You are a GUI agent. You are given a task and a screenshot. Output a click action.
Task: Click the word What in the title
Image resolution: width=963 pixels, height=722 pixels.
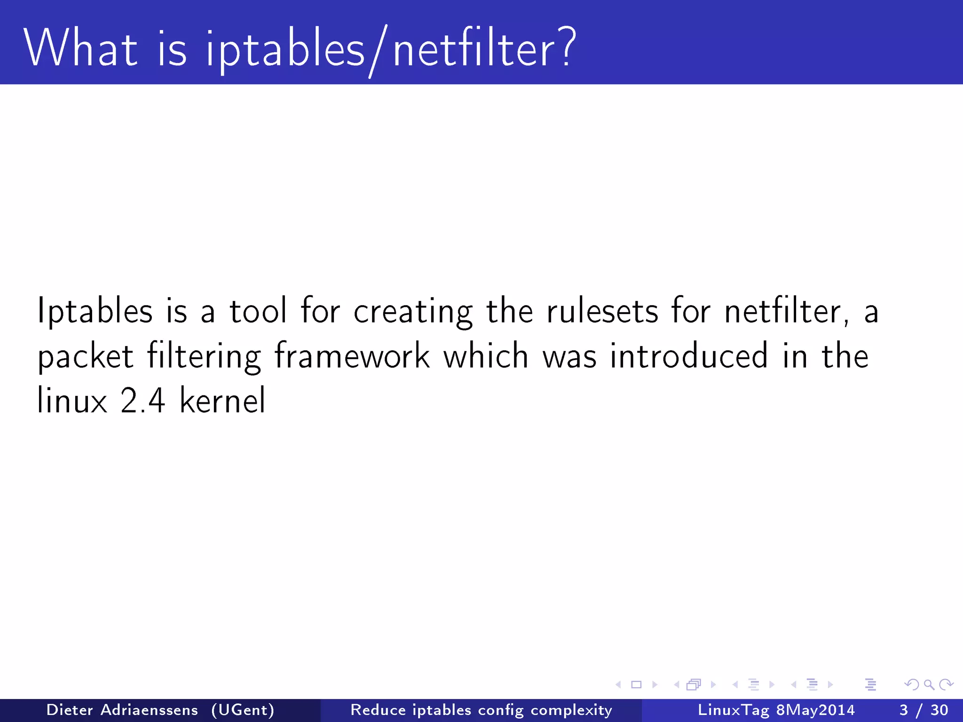[80, 47]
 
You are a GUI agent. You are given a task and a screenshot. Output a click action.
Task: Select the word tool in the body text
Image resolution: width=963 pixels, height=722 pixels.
[258, 311]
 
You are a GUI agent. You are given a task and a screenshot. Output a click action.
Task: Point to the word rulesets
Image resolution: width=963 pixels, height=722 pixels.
[602, 311]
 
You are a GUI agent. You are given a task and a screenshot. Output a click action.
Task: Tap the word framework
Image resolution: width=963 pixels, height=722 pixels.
[352, 356]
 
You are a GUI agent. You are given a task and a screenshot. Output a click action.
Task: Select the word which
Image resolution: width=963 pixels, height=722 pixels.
[486, 356]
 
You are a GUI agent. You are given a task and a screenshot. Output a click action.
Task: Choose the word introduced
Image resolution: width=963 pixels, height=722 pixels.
[689, 356]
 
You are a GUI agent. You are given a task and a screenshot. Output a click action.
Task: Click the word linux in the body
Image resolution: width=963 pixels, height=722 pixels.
[72, 401]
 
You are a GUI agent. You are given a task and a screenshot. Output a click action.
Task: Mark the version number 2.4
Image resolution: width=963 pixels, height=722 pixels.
[142, 401]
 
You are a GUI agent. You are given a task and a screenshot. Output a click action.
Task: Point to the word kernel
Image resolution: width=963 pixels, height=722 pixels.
[222, 401]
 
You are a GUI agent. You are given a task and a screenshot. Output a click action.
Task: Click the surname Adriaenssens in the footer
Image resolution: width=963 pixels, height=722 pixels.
[149, 710]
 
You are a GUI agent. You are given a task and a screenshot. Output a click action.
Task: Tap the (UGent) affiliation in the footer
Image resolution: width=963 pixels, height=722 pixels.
[243, 710]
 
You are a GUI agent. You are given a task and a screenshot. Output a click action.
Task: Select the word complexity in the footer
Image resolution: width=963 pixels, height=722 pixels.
[571, 710]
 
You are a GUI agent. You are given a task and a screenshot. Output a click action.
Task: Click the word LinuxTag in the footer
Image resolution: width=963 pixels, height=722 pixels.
[734, 710]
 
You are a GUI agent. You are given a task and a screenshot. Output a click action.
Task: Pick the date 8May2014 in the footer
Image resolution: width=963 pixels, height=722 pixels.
[815, 710]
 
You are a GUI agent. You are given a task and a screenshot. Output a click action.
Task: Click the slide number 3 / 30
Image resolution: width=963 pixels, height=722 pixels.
[924, 710]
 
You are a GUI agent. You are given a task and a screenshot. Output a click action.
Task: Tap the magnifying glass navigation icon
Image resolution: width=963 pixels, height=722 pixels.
[929, 684]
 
